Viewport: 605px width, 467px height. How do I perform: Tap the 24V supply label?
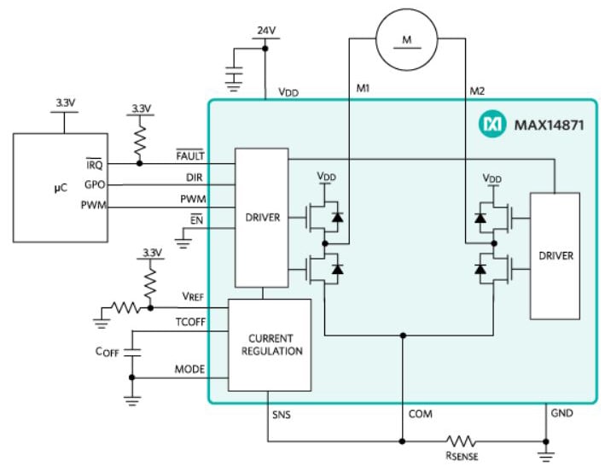coord(266,31)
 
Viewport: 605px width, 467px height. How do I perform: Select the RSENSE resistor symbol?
coord(462,441)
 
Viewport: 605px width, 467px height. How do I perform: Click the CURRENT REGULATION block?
coord(270,344)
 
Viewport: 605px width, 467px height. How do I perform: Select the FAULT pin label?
coord(189,156)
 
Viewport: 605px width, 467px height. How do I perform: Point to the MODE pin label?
coord(189,370)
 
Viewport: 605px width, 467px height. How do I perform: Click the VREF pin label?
coord(191,295)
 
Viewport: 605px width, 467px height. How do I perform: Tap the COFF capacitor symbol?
coord(131,350)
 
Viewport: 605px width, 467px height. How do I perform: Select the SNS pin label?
coord(280,414)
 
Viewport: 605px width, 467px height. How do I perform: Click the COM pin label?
coord(419,414)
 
